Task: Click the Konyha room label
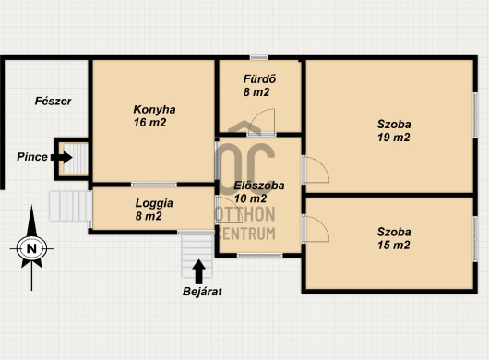(154, 110)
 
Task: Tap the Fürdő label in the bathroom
(259, 79)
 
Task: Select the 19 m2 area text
(394, 138)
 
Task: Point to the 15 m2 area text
(394, 245)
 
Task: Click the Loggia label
(154, 203)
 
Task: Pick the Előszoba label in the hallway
(259, 186)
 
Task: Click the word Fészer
(53, 101)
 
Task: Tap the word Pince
(32, 157)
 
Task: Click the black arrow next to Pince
(62, 157)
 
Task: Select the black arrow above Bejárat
(198, 271)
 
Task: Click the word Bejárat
(202, 292)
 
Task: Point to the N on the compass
(31, 249)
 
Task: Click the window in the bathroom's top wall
(259, 57)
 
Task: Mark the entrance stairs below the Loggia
(197, 255)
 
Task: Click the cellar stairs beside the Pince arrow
(76, 159)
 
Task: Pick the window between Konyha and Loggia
(154, 185)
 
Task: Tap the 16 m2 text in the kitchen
(149, 122)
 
